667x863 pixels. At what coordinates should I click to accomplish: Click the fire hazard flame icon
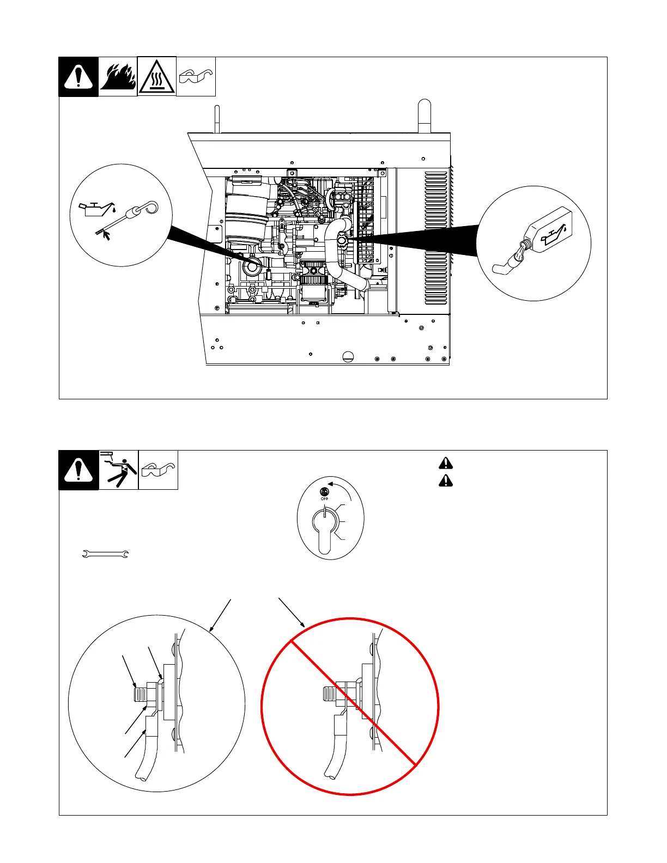tap(118, 77)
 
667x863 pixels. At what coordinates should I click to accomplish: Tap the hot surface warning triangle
tap(157, 77)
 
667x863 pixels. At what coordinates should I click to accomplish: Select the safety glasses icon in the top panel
tap(196, 77)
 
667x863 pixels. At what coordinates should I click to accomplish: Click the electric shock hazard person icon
tap(119, 470)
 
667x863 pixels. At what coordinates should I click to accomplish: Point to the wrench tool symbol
tap(105, 555)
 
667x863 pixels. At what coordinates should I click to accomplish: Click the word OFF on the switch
tap(324, 499)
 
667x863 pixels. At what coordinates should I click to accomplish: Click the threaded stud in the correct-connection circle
tap(141, 694)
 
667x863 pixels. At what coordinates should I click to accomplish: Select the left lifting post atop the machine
tap(216, 120)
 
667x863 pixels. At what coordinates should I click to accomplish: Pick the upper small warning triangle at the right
tap(446, 463)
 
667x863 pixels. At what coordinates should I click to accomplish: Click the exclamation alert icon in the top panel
tap(78, 77)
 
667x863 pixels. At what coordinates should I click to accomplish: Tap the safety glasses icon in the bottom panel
tap(158, 470)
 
